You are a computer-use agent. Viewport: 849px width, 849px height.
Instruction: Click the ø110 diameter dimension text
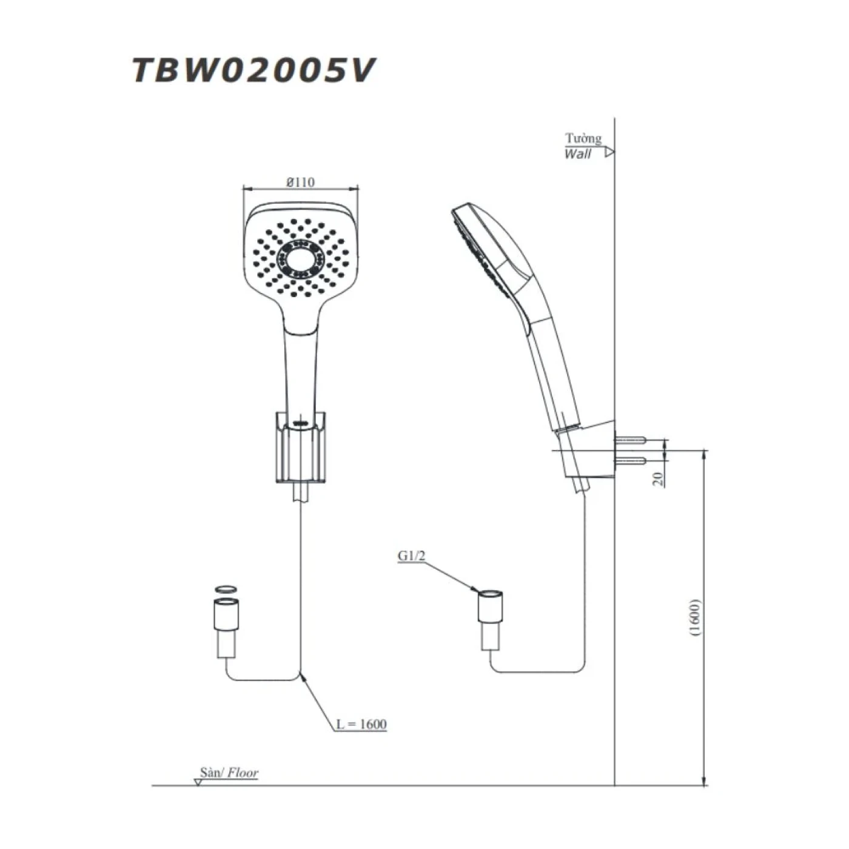tap(301, 182)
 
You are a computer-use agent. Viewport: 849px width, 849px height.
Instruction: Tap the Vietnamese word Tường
tap(583, 138)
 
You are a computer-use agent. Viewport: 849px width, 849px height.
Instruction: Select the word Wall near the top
tap(577, 154)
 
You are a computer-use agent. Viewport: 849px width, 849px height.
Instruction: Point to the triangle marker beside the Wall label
tap(609, 152)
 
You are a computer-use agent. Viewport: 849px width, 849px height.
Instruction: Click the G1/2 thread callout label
tap(411, 555)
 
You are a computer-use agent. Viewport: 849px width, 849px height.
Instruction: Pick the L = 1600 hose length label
tap(361, 724)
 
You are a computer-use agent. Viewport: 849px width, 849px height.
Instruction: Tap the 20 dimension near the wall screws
tap(658, 479)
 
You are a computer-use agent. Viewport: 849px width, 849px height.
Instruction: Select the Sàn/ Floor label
tap(229, 773)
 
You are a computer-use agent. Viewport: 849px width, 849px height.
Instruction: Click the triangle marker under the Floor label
tap(198, 782)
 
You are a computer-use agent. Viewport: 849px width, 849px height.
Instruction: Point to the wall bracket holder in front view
tap(300, 449)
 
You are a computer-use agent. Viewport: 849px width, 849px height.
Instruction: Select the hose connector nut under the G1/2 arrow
tap(491, 605)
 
